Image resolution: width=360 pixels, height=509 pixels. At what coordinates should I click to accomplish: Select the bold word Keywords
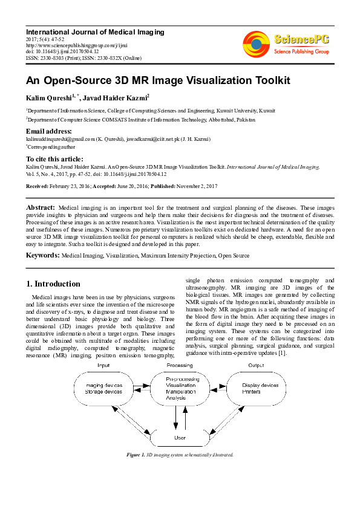(x=42, y=256)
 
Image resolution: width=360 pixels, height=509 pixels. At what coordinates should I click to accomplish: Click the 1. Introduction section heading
(x=53, y=284)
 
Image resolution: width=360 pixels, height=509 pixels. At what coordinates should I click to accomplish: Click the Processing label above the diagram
(x=179, y=366)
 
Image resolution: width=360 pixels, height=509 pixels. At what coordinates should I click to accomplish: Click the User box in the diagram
(x=180, y=437)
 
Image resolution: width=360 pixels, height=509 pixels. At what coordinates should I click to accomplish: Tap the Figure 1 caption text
(x=180, y=454)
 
